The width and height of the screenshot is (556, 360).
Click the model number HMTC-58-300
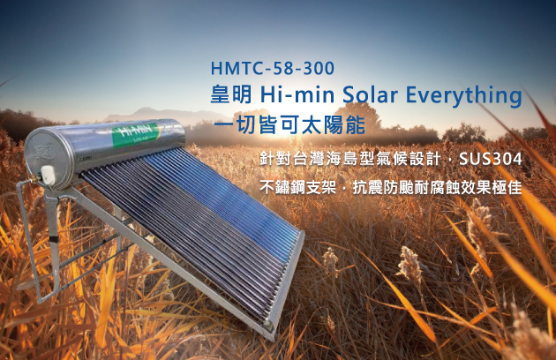pos(273,68)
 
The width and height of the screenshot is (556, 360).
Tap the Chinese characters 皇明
pos(231,94)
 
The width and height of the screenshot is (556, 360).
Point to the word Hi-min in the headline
pos(297,94)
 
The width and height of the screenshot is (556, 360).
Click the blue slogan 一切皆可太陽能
pos(289,124)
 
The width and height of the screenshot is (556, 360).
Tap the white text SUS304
pos(491,159)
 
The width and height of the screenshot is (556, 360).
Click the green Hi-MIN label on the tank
pos(135,135)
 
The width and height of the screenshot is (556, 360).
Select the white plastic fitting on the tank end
pos(48,176)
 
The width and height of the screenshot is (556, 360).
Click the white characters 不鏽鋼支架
pos(298,187)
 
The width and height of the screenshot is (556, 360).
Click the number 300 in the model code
pos(318,68)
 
